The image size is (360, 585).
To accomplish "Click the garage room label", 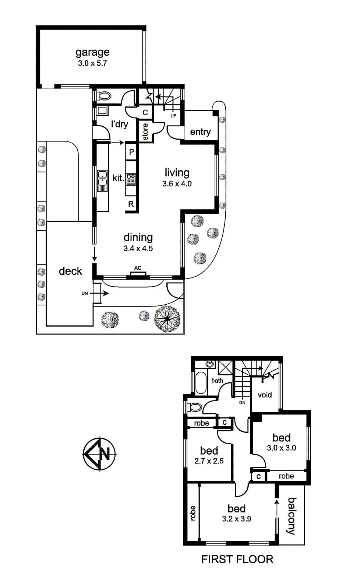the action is pos(92,52).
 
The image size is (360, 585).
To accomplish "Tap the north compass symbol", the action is pos(99,454).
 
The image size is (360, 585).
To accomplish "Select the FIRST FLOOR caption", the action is pos(237,559).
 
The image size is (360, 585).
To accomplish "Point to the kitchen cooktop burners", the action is pos(131,179).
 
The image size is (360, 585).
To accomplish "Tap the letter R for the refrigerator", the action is pos(131,204).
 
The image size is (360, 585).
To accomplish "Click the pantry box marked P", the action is pos(131,151).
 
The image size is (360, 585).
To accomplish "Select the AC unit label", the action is pos(138,268).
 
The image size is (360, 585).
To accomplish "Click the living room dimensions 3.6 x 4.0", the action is pos(177,183).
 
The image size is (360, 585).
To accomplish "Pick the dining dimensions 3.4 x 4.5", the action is pos(138,248).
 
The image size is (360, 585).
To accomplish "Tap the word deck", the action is pos(70,271).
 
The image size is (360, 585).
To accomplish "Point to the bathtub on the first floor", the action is pos(201,383).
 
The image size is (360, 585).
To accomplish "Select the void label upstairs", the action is pos(265,395).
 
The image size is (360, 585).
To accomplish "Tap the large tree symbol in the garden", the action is pos(167,319).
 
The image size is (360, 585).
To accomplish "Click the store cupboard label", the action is pos(145,132).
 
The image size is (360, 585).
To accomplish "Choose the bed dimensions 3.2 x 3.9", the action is pos(237,518).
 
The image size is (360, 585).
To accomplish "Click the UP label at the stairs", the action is pos(173,116).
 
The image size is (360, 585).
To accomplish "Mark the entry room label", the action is pos(200,132).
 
